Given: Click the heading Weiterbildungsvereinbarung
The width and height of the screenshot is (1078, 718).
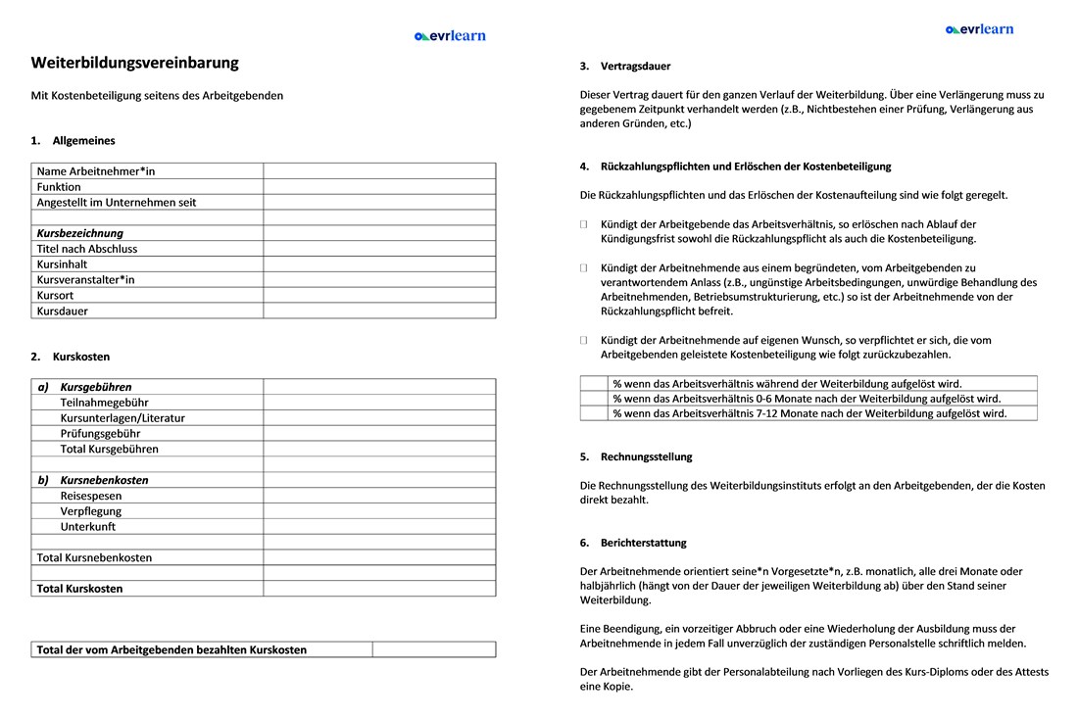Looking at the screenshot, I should click(134, 63).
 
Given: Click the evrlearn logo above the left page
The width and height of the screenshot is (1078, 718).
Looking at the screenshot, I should click(450, 36).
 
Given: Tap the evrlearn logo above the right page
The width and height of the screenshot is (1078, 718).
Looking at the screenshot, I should click(980, 29).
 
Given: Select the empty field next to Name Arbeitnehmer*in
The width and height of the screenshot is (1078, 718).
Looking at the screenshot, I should click(379, 171).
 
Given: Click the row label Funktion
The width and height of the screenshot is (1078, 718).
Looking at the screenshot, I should click(59, 187).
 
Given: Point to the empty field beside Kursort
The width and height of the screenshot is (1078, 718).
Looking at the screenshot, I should click(379, 295).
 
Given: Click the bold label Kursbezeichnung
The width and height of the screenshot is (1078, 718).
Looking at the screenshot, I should click(80, 233).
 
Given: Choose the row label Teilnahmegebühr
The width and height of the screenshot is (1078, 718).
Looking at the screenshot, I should click(105, 403).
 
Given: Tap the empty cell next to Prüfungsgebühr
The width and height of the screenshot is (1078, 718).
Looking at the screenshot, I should click(379, 433).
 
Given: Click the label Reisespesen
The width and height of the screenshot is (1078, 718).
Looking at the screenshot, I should click(91, 496).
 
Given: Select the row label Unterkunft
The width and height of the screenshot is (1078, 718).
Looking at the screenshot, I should click(88, 527).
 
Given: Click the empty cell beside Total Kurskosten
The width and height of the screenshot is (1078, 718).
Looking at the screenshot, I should click(379, 589).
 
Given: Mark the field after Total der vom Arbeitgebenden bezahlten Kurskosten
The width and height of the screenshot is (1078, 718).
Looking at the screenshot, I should click(433, 649).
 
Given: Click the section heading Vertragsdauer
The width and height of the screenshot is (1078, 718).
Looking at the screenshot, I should click(635, 67).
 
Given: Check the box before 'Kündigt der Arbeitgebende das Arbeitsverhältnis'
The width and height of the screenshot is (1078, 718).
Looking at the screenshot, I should click(584, 225).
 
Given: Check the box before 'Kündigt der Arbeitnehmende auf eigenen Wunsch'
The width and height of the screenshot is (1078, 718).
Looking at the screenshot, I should click(584, 341).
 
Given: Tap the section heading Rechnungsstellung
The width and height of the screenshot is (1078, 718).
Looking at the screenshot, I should click(646, 456).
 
